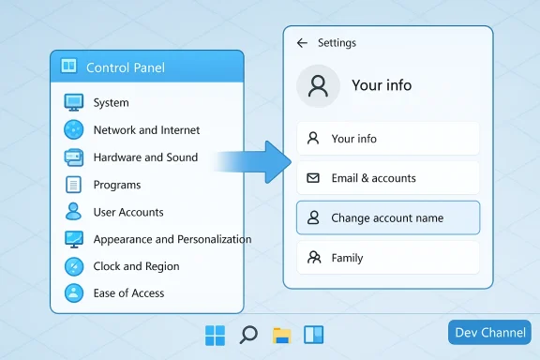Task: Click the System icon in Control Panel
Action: (x=74, y=102)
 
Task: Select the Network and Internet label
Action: (x=146, y=129)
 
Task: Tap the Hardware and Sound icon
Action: (x=74, y=157)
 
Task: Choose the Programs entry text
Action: (x=117, y=185)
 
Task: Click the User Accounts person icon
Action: (x=74, y=212)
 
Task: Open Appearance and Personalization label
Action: (x=172, y=239)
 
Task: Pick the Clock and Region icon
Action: (x=74, y=266)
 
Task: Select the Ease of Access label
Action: (x=128, y=293)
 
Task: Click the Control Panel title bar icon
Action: (x=68, y=67)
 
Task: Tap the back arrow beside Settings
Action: (x=302, y=43)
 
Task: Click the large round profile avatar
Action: (x=318, y=86)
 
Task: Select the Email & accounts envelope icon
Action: (x=313, y=178)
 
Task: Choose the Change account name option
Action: (x=387, y=217)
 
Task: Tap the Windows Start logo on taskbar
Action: (x=216, y=335)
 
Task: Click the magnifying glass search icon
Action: (x=248, y=335)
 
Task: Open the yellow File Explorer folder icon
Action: (x=280, y=335)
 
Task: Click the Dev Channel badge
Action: (x=489, y=333)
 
